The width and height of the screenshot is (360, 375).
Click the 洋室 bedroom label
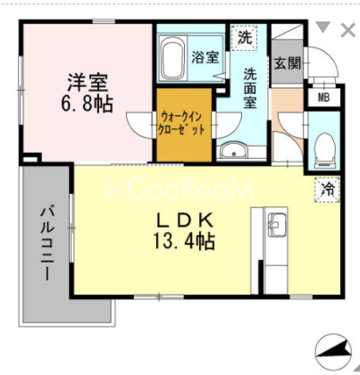[x=88, y=82]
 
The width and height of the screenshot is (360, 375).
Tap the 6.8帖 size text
[x=87, y=104]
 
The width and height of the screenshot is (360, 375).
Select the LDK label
[x=185, y=221]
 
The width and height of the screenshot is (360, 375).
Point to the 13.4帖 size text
[x=184, y=241]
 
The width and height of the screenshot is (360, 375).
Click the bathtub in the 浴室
[x=173, y=58]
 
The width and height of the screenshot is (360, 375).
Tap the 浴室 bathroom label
[x=205, y=56]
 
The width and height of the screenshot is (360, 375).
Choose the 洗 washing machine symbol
[x=245, y=37]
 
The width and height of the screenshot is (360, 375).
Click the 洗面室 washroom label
[x=250, y=88]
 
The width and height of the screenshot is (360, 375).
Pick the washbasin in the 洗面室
[x=234, y=150]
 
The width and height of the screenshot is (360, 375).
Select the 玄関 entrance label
[x=288, y=63]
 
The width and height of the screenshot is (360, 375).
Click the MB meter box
[x=323, y=97]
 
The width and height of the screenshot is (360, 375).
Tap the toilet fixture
[x=325, y=150]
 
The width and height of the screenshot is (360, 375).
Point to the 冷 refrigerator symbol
[x=327, y=189]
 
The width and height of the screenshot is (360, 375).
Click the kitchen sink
[x=277, y=225]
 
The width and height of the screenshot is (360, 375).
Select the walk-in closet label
[x=181, y=123]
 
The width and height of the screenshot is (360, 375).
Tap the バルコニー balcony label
[x=47, y=245]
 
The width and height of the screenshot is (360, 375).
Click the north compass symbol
[x=333, y=350]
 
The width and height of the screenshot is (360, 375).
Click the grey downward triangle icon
[x=323, y=27]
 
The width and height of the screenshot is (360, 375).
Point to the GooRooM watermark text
[x=180, y=188]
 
